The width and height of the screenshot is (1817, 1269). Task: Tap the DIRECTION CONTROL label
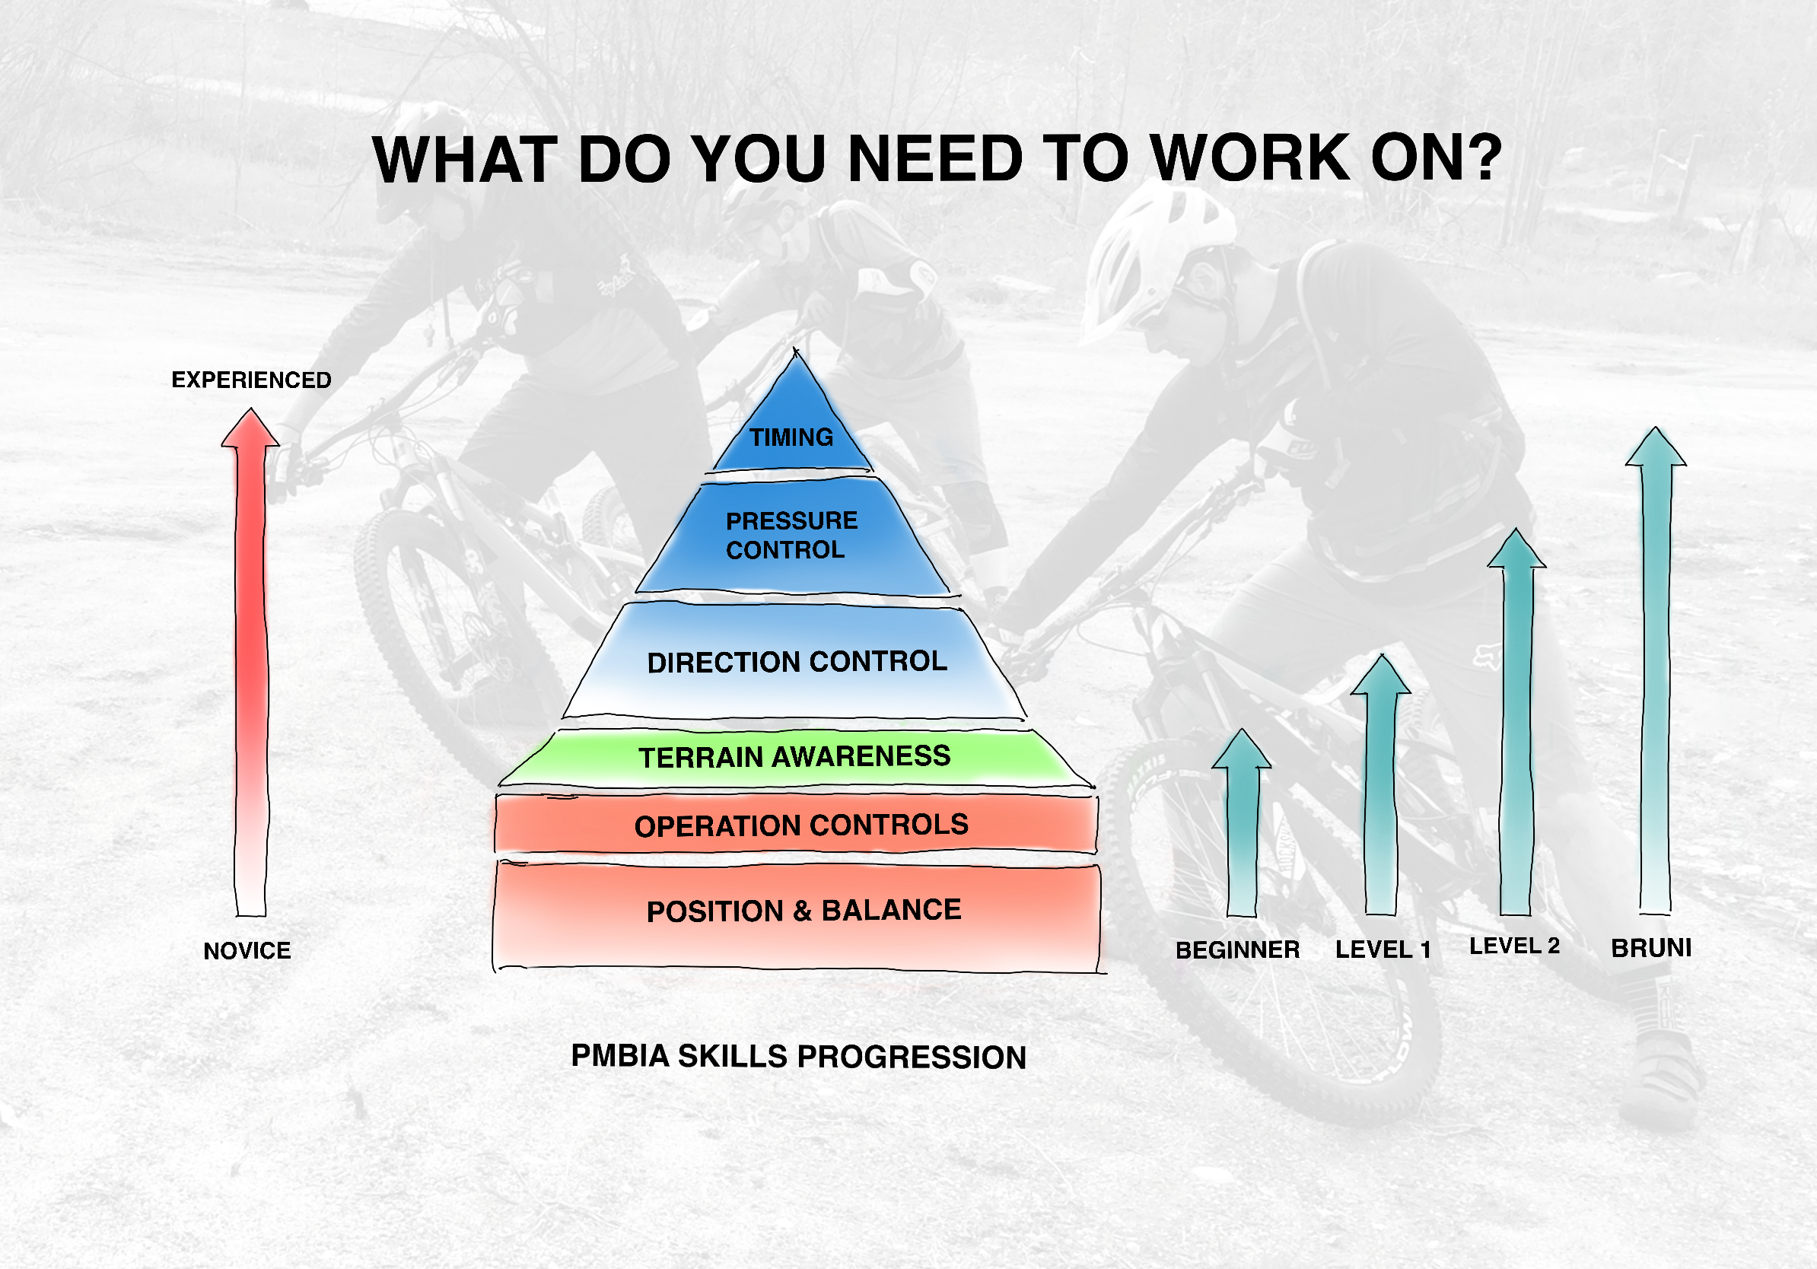797,661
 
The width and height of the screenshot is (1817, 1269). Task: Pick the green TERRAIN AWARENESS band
794,757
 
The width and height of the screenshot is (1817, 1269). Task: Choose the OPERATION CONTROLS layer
796,825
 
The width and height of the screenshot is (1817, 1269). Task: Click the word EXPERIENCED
252,380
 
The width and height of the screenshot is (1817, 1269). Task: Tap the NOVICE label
247,950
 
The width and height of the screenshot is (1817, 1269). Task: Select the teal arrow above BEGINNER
1242,822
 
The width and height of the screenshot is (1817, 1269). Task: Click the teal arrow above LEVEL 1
1381,784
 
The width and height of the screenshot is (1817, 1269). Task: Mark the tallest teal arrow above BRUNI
1656,671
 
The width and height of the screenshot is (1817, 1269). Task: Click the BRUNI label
1652,948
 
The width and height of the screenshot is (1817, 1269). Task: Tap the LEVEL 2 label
1515,946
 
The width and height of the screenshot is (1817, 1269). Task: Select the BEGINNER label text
1238,949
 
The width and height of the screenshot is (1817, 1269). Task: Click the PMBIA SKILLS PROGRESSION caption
798,1057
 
